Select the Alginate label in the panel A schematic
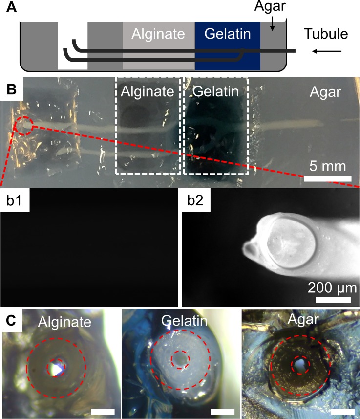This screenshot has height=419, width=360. point(159,34)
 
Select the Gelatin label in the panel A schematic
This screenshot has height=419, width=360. point(228,34)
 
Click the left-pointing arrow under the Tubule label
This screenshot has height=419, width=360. point(323,50)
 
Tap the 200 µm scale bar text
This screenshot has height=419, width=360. point(329,286)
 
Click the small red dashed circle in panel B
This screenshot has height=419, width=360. point(25,125)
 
